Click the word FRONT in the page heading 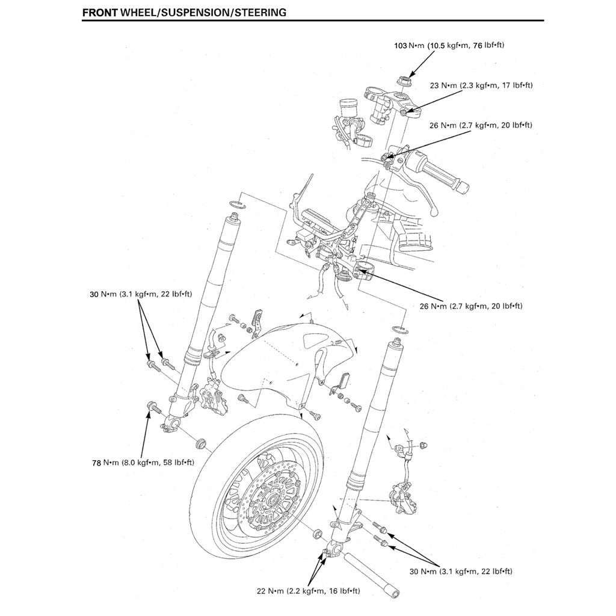point(100,12)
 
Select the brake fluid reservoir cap point(347,104)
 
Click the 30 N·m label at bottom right point(461,571)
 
